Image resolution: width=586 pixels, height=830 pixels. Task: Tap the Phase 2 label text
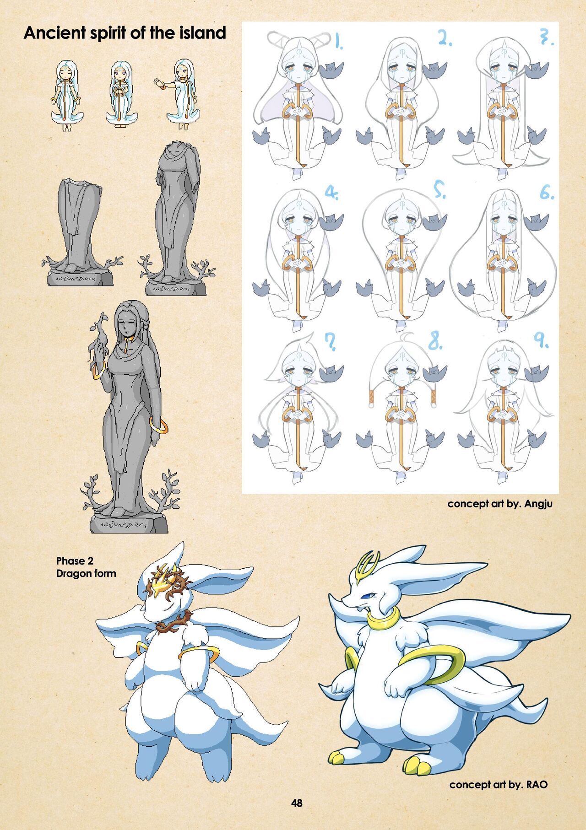[x=71, y=561]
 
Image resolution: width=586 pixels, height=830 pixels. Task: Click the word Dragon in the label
[x=71, y=573]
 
